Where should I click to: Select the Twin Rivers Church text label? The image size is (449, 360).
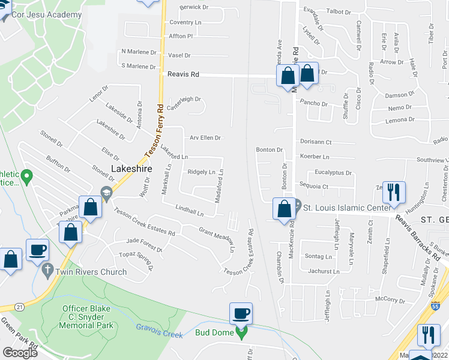tap(91, 272)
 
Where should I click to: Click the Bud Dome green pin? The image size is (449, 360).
tap(242, 333)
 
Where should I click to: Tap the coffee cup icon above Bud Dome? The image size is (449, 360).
tap(241, 313)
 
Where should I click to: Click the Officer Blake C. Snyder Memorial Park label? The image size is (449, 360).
tap(87, 317)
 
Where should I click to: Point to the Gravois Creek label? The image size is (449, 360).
tap(159, 331)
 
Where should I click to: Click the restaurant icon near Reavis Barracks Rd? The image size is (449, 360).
tap(394, 192)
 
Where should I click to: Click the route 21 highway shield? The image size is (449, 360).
tap(20, 307)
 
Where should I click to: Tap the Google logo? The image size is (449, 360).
tap(20, 352)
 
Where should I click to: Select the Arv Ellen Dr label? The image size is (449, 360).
tap(205, 138)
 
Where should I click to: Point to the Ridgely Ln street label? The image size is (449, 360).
tap(201, 172)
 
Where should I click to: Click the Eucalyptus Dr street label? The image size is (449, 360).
tap(333, 172)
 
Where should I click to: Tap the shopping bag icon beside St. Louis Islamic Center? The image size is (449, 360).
tap(284, 209)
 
